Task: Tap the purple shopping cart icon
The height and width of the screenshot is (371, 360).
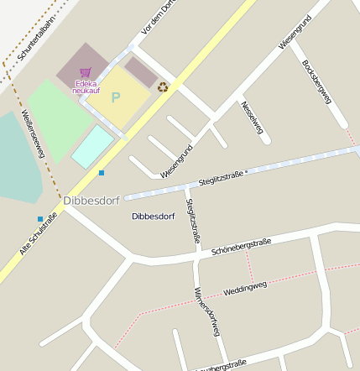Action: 85,74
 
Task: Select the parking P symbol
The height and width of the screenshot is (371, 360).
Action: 116,97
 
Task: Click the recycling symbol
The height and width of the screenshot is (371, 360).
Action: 163,86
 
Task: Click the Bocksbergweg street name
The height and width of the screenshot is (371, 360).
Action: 316,81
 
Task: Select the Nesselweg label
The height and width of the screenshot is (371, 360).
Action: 251,118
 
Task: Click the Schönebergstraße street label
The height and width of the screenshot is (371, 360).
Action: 241,246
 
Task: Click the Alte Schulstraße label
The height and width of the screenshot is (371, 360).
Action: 38,235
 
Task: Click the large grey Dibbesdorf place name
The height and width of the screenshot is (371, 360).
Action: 91,200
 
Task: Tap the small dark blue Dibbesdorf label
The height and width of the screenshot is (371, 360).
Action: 153,216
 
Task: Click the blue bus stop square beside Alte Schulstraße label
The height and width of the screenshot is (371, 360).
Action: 39,219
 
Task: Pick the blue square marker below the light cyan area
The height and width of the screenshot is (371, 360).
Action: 102,172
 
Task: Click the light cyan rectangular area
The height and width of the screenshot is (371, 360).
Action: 92,145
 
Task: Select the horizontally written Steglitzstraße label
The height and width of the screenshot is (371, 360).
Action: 221,177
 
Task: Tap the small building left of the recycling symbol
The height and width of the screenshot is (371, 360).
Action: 140,71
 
